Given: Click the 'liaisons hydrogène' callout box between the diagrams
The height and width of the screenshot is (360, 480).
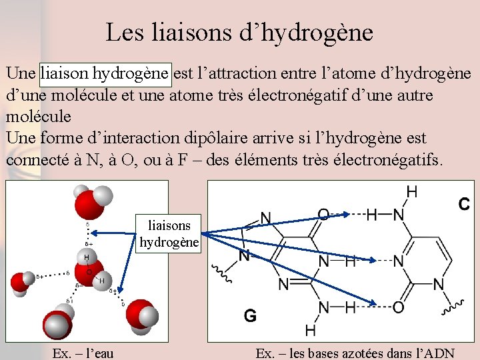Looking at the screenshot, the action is (169, 233).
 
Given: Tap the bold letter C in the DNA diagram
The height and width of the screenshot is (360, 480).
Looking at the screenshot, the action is (463, 204).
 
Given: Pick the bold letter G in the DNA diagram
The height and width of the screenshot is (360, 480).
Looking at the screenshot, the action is (250, 315).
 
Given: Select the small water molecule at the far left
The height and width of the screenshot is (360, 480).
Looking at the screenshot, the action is (21, 284).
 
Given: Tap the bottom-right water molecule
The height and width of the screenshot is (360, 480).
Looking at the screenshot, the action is (141, 315).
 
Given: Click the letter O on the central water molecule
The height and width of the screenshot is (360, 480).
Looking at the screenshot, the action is (89, 271).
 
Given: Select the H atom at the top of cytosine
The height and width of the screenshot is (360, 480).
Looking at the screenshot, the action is (411, 191).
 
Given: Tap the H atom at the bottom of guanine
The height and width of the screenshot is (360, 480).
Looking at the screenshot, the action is (311, 329).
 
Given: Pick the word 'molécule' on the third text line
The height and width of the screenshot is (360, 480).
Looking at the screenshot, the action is (38, 116).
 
